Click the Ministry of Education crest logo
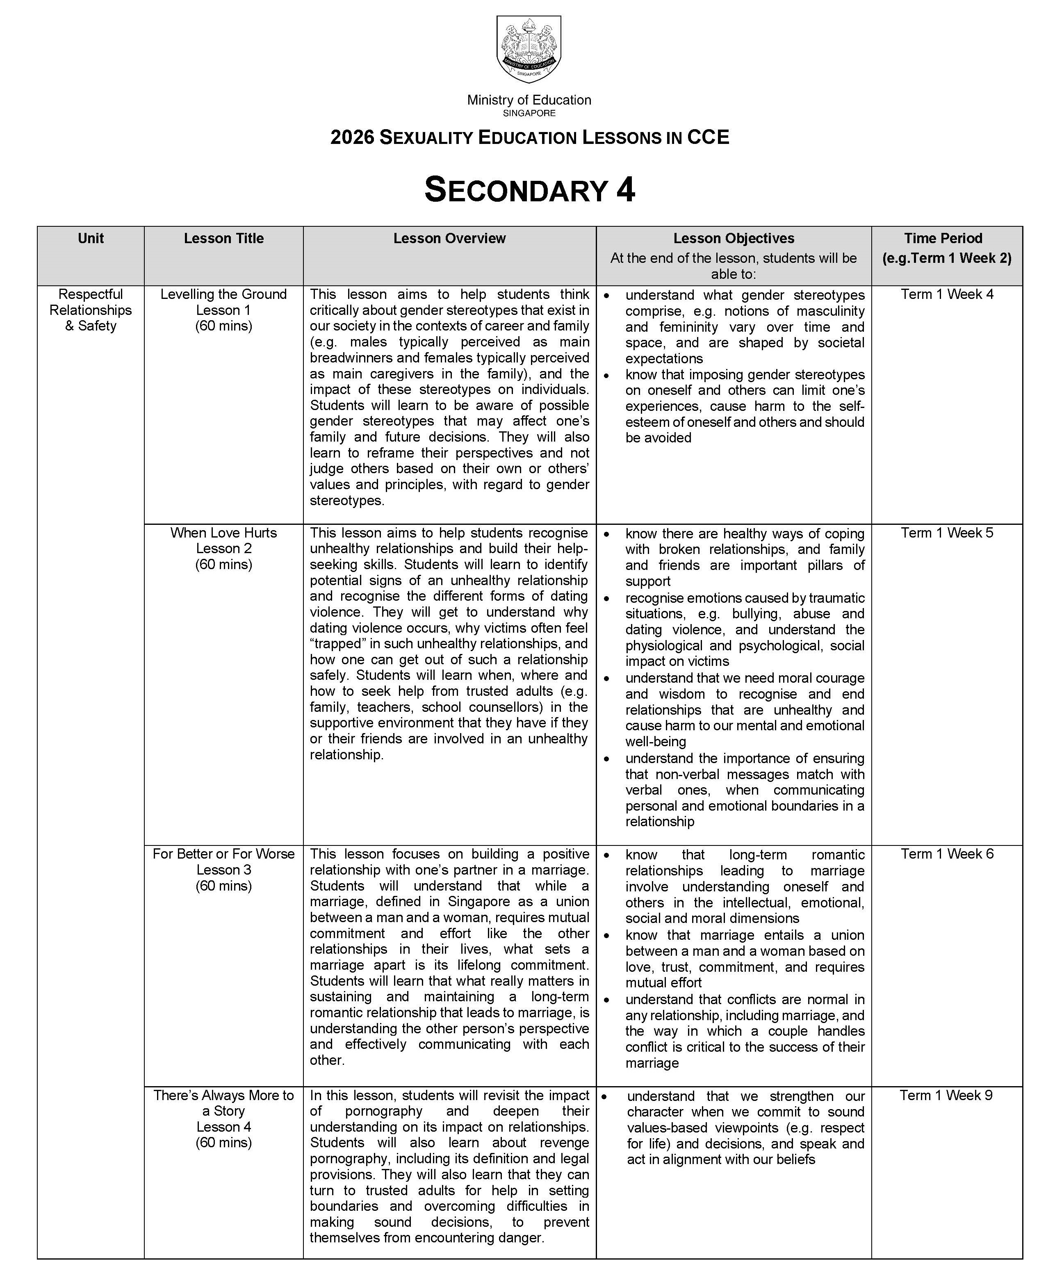[x=528, y=49]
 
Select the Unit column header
[x=91, y=238]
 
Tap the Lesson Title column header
[x=223, y=238]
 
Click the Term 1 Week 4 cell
[x=947, y=294]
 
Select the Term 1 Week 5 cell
[x=947, y=533]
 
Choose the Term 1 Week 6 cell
[x=947, y=854]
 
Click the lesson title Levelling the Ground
[x=223, y=294]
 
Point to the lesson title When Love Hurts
[x=223, y=533]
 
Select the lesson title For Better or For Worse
[x=223, y=854]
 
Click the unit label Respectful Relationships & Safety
[x=91, y=310]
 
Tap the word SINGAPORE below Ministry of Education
[x=529, y=113]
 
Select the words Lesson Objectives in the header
[x=734, y=238]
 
